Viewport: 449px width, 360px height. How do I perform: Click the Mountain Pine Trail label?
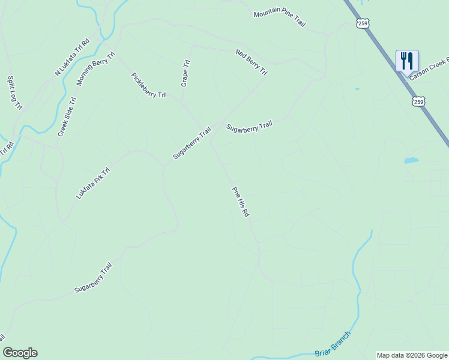[279, 19]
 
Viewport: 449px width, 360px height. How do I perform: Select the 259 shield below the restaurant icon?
[419, 102]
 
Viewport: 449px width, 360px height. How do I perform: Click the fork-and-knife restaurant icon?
[407, 61]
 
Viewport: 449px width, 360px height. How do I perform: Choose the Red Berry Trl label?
[252, 62]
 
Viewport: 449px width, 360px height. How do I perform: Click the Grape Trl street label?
[185, 73]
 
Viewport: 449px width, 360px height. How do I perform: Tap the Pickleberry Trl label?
[148, 85]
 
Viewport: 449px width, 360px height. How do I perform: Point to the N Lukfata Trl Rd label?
[71, 58]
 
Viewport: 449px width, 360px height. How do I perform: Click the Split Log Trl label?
[14, 92]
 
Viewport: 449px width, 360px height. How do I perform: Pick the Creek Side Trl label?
[67, 117]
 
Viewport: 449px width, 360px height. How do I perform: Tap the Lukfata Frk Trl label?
[93, 184]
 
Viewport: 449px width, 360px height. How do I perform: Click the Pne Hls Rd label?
[241, 202]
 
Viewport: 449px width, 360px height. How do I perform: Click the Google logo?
[20, 353]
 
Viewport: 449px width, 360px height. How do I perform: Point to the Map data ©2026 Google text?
[412, 355]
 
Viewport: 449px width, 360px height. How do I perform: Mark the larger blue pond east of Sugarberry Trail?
[411, 160]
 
